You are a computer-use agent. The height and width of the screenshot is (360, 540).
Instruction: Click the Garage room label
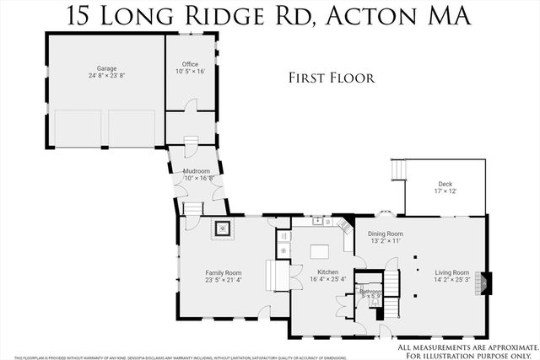coord(105,68)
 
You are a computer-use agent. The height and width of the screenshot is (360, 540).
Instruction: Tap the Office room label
coord(189,63)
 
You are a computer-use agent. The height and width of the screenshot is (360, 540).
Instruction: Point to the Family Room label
coord(224,272)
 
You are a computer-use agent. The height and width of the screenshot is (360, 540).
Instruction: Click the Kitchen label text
coord(327,272)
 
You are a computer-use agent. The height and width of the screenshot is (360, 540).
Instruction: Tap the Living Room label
coord(452,272)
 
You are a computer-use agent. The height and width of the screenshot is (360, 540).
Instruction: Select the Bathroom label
coord(370,293)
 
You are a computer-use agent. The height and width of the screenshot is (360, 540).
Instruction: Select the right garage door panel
coord(131,128)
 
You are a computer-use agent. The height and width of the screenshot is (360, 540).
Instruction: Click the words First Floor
coord(331,78)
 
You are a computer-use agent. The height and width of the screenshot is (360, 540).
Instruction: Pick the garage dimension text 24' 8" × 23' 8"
coord(105,76)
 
